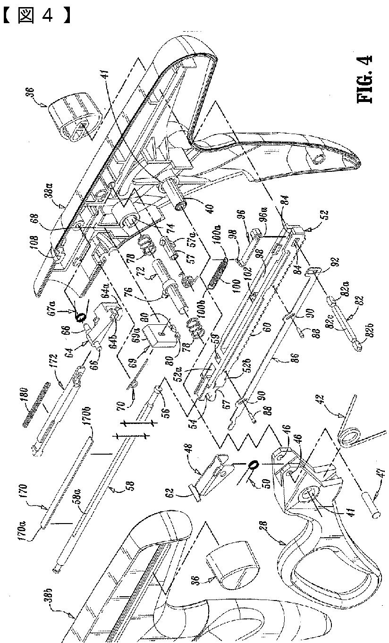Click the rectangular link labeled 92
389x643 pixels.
313,272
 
